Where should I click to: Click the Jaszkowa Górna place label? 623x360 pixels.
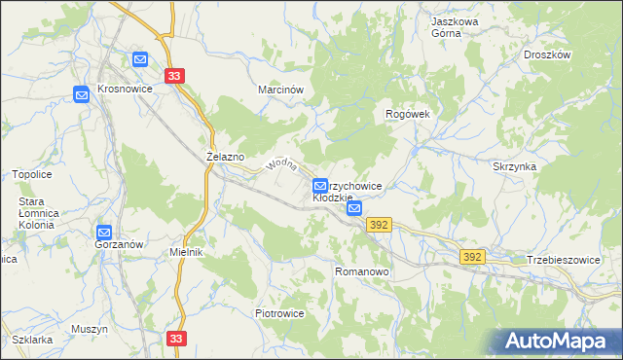pyautogui.click(x=458, y=24)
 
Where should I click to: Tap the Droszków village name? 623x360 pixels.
pyautogui.click(x=545, y=55)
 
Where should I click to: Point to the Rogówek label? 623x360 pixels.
pyautogui.click(x=407, y=114)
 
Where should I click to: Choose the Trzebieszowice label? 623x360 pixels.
pyautogui.click(x=564, y=260)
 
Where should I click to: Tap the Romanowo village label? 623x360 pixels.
pyautogui.click(x=361, y=272)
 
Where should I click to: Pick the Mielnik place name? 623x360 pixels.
pyautogui.click(x=185, y=252)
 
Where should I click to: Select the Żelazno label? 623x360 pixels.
pyautogui.click(x=225, y=156)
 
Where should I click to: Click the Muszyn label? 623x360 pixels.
pyautogui.click(x=89, y=329)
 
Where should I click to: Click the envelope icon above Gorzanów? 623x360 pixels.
pyautogui.click(x=104, y=232)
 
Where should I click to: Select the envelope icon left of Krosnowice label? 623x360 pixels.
pyautogui.click(x=81, y=93)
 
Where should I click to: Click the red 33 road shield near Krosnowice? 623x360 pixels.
pyautogui.click(x=174, y=76)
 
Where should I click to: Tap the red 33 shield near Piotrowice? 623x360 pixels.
pyautogui.click(x=175, y=338)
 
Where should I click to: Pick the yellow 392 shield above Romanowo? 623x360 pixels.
pyautogui.click(x=380, y=225)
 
